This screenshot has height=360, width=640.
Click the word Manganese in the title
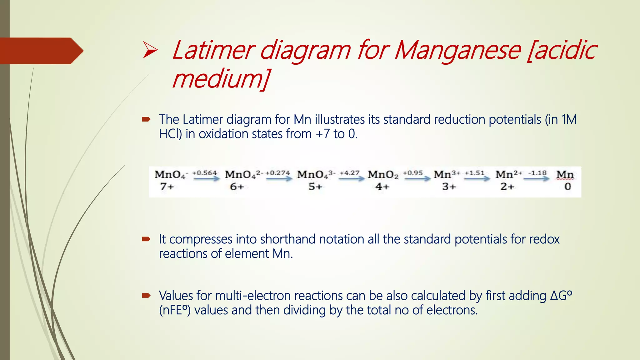point(458,50)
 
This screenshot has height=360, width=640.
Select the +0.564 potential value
point(204,173)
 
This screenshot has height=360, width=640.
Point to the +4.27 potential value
point(349,173)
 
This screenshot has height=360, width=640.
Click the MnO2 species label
point(383,174)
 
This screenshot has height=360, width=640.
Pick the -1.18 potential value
point(537,173)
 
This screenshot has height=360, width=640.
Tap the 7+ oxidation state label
point(167,187)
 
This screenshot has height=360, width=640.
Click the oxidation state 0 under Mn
point(567,187)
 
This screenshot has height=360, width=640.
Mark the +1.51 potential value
point(474,173)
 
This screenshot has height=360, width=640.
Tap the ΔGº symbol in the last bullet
point(561,296)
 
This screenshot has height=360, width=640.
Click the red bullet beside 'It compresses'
point(146,239)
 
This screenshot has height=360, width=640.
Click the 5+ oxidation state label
point(315,187)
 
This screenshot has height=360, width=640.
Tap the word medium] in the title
point(221,79)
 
